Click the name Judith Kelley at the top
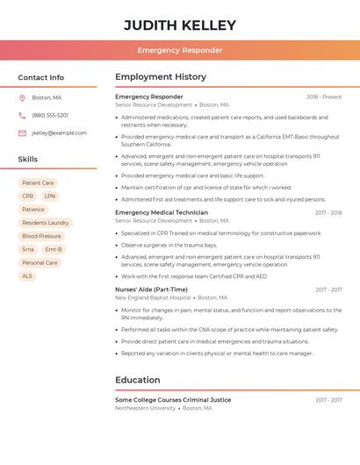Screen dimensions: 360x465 (x=180, y=25)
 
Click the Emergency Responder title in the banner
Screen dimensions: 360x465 (x=180, y=50)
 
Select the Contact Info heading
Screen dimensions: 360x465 (x=41, y=77)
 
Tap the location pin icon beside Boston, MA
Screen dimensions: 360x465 (x=22, y=97)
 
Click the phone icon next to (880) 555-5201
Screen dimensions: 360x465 (x=22, y=115)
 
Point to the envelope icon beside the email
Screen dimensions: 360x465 (x=22, y=132)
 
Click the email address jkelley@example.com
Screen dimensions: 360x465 (x=59, y=132)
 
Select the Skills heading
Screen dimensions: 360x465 (x=28, y=159)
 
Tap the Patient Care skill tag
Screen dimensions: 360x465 (x=38, y=183)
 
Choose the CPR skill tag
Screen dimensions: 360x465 (x=28, y=197)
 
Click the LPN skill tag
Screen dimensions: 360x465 (x=49, y=197)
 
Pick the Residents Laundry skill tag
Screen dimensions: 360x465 (x=46, y=223)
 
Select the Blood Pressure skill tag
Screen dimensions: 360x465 (x=41, y=236)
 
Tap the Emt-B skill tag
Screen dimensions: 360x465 (x=54, y=249)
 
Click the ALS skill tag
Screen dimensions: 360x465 (x=27, y=275)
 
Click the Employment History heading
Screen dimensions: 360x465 (x=161, y=77)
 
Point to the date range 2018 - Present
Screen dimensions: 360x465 (x=324, y=97)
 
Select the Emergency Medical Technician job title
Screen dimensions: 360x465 (x=162, y=212)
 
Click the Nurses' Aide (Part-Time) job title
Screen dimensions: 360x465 (x=151, y=290)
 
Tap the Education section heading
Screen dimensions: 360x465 (x=138, y=380)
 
